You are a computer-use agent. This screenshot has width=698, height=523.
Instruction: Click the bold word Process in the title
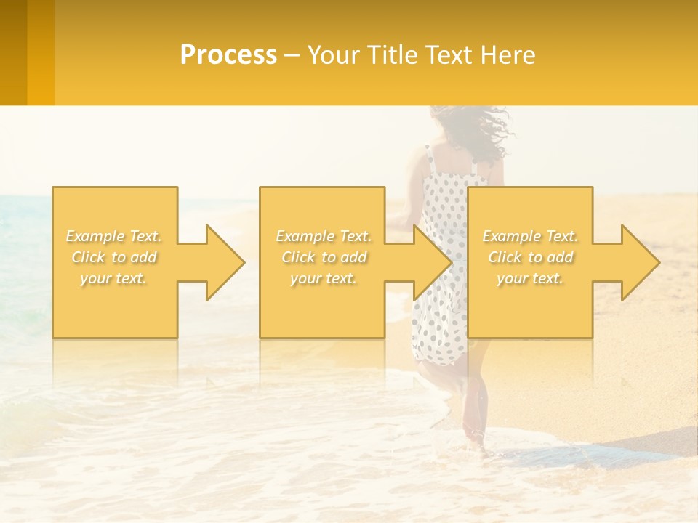[x=228, y=55]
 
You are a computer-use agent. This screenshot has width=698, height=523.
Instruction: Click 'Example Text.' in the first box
[x=114, y=236]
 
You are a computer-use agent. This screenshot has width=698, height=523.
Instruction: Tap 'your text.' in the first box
[x=114, y=278]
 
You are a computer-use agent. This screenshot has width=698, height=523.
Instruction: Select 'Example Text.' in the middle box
[x=324, y=236]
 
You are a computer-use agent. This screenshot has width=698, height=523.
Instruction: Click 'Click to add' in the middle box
[x=324, y=257]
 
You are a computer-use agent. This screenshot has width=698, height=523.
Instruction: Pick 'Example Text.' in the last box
[x=530, y=236]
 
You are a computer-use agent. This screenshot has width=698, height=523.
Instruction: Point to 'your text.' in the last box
[x=530, y=278]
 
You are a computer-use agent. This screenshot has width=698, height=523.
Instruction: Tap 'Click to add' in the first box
[x=114, y=257]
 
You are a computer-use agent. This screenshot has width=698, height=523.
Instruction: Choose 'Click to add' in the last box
[x=530, y=257]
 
